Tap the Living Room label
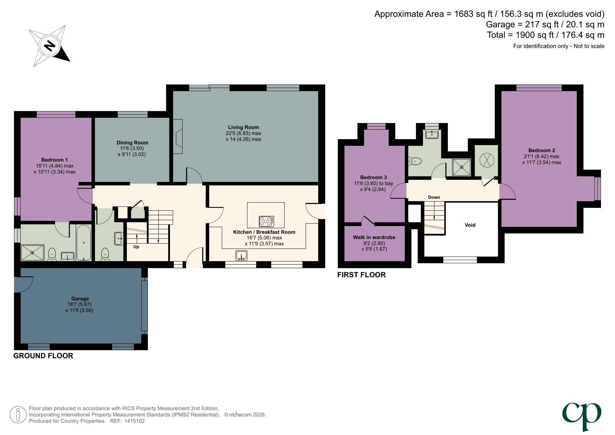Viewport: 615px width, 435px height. (x=243, y=127)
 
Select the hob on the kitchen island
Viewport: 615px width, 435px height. (x=266, y=221)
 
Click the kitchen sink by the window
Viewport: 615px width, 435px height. (x=241, y=255)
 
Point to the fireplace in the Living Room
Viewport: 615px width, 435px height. (x=178, y=136)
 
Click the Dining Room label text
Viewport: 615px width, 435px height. (x=132, y=143)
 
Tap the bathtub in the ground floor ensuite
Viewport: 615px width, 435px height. (x=84, y=243)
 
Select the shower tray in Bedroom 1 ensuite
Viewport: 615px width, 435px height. (x=33, y=252)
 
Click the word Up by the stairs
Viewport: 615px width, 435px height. (x=136, y=247)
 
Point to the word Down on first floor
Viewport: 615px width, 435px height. (x=434, y=197)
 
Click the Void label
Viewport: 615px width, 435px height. (x=470, y=225)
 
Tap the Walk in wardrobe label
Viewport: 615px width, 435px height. (x=374, y=237)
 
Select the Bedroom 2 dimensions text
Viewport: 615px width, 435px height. (x=541, y=159)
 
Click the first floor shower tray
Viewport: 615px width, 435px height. (x=461, y=167)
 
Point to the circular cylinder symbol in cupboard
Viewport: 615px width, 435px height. (x=487, y=160)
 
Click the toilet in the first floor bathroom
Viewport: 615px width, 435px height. (x=415, y=161)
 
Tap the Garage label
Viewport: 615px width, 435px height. (x=80, y=299)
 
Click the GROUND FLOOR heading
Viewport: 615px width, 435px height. (x=43, y=356)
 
